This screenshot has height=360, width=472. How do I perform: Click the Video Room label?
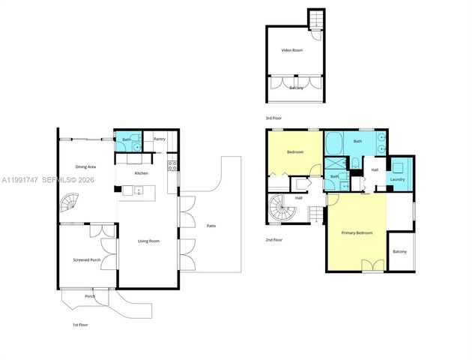coord(291,50)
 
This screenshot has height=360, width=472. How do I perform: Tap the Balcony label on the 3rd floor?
coord(297,88)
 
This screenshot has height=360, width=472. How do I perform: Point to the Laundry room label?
coord(397,179)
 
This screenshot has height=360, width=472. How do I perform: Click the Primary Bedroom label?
coord(357,233)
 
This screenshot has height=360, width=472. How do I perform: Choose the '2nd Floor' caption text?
coord(273,240)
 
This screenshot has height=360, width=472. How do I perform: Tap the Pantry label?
coord(160,139)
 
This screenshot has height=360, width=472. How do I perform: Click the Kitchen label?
coord(142,173)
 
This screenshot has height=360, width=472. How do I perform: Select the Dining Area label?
coord(85,166)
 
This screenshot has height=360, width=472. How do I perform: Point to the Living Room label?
coord(148,241)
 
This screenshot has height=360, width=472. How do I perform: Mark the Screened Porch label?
coord(86,259)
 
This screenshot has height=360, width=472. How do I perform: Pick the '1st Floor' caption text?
coord(82,325)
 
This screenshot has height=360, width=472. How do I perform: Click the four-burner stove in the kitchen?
coord(172,165)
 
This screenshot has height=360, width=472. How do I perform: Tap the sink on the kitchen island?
coord(139,191)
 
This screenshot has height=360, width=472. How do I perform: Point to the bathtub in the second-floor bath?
coord(334,141)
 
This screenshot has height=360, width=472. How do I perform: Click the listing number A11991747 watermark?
coord(21,181)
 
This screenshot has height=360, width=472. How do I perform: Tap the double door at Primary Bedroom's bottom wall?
coord(369,265)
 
